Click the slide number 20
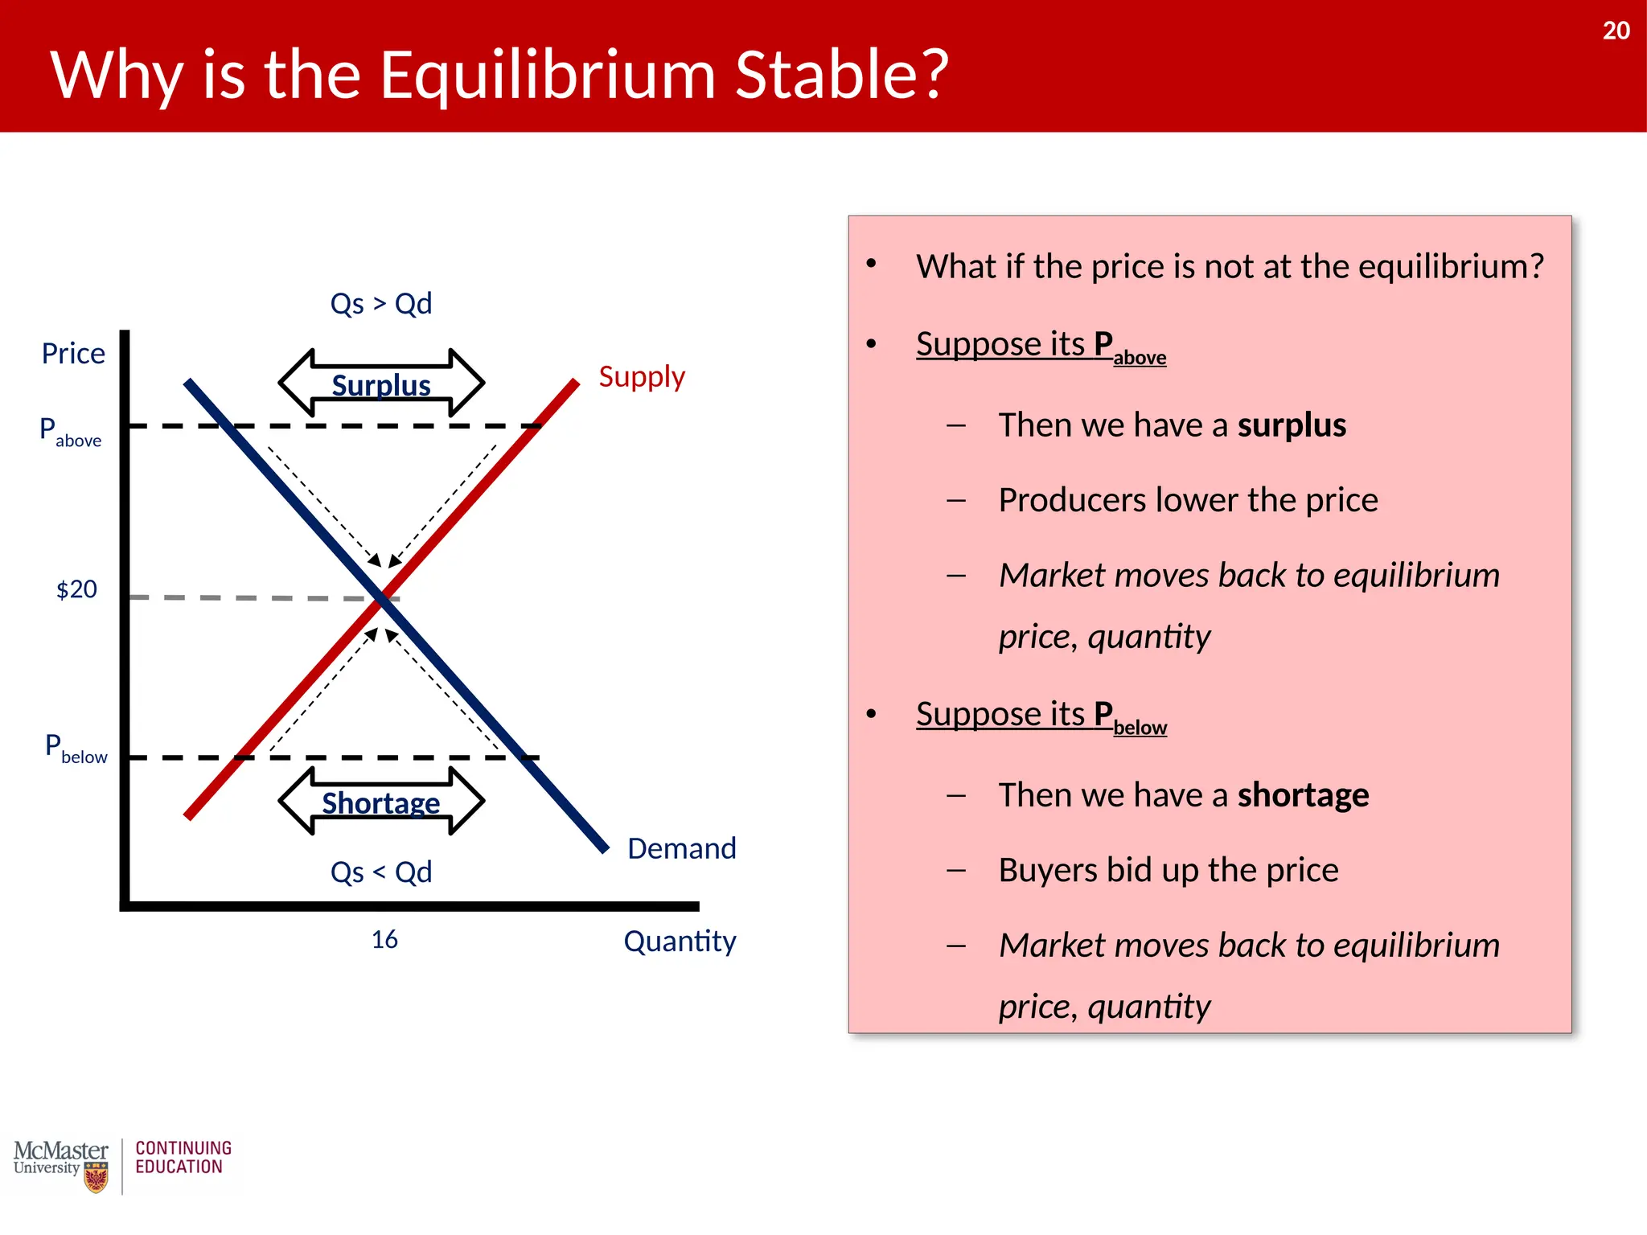click(x=1615, y=31)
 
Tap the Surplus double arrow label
click(x=381, y=384)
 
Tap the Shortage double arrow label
click(x=381, y=802)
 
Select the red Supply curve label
click(x=641, y=376)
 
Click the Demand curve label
click(x=681, y=848)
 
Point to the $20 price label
click(x=76, y=589)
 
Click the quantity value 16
click(x=384, y=939)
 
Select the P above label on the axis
click(x=71, y=432)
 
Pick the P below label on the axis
click(x=76, y=749)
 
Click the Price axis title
click(x=73, y=354)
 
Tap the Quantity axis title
click(x=680, y=941)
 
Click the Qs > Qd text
click(x=381, y=304)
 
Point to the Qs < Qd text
click(x=381, y=872)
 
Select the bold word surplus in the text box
click(x=1291, y=425)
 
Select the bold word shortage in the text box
click(x=1302, y=795)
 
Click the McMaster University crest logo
click(x=97, y=1178)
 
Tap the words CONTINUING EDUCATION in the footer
click(x=183, y=1157)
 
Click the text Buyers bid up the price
click(x=1168, y=870)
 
